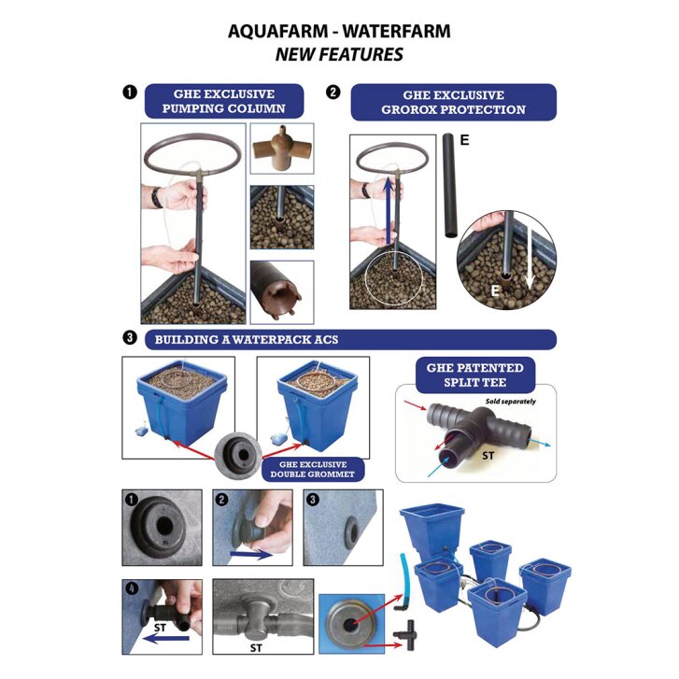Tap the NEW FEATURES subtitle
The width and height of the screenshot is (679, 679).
pos(339,54)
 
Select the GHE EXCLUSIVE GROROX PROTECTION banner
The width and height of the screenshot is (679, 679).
pos(453,102)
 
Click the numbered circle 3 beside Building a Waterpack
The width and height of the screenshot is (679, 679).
pos(129,339)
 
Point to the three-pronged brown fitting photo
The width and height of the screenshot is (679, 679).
pos(282,149)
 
